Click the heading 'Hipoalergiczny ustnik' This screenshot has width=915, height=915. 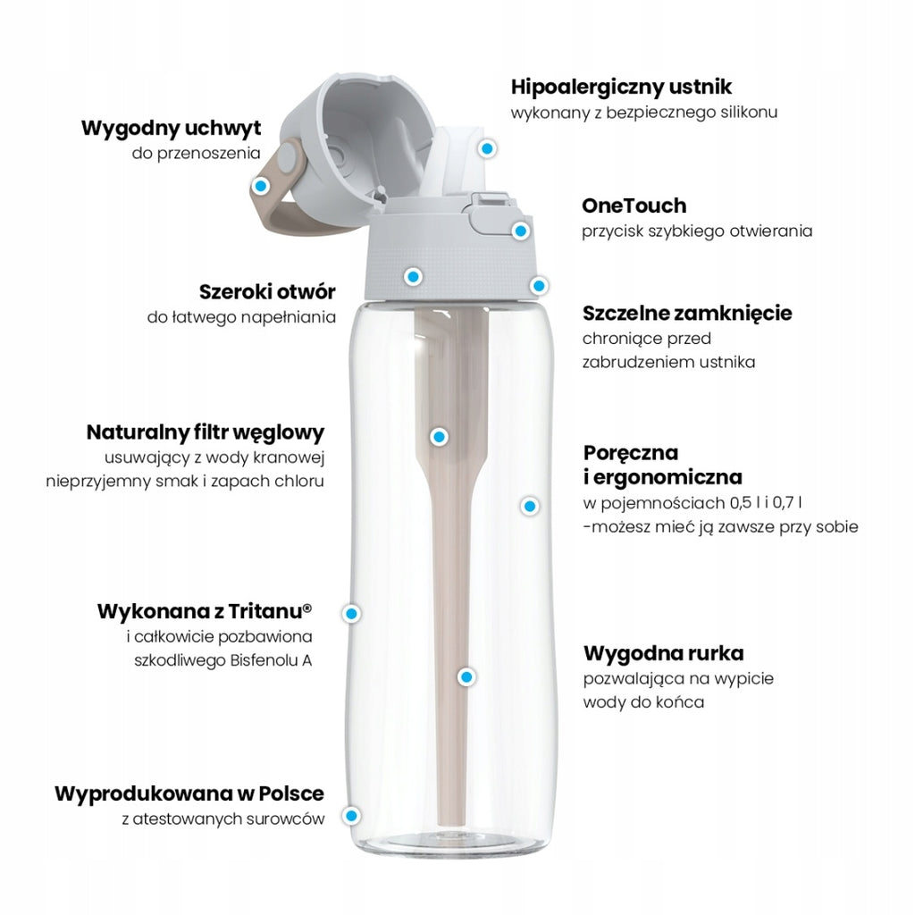(621, 87)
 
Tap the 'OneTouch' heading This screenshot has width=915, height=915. (634, 206)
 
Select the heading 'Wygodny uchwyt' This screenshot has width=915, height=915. (171, 128)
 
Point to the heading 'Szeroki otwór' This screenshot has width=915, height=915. (267, 291)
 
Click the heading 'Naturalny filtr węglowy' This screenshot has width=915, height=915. (206, 432)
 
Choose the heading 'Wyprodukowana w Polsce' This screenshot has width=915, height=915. (189, 793)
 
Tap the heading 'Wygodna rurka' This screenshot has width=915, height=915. (664, 653)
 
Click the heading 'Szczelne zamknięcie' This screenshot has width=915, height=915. (687, 314)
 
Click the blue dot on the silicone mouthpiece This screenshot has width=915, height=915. (487, 148)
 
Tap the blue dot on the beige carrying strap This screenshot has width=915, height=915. (260, 186)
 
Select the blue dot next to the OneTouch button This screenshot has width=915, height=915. (520, 231)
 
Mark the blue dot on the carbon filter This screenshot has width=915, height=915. (439, 436)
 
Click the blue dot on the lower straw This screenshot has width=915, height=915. (466, 677)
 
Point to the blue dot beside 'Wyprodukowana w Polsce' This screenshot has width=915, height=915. (350, 815)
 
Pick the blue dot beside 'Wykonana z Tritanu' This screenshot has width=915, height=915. (351, 613)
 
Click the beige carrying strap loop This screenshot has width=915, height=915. (280, 193)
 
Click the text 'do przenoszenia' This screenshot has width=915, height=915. (196, 154)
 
